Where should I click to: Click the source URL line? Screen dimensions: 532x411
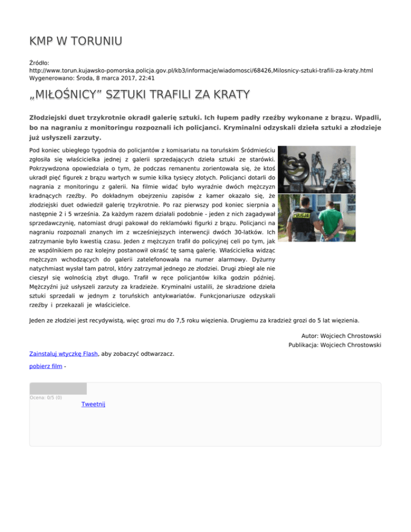(201, 70)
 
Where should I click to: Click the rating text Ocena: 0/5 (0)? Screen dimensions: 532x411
(45, 398)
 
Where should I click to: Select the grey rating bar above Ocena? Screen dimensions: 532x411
(58, 389)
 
